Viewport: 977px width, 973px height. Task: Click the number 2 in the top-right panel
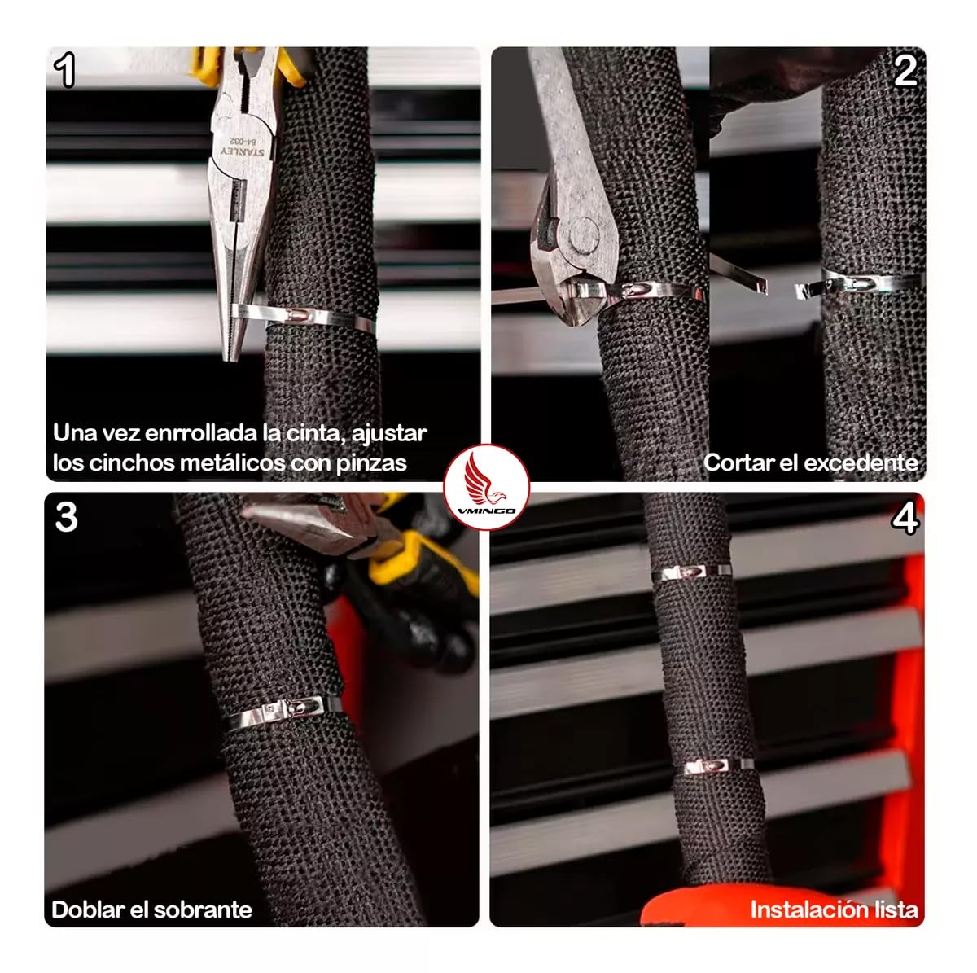point(905,71)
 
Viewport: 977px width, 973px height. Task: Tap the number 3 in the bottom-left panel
point(66,517)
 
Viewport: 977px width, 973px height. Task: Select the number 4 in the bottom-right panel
point(905,519)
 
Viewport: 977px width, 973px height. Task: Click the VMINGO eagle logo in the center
point(487,487)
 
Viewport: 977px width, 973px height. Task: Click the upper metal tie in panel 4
point(693,572)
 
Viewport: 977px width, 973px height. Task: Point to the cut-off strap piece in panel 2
point(738,274)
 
